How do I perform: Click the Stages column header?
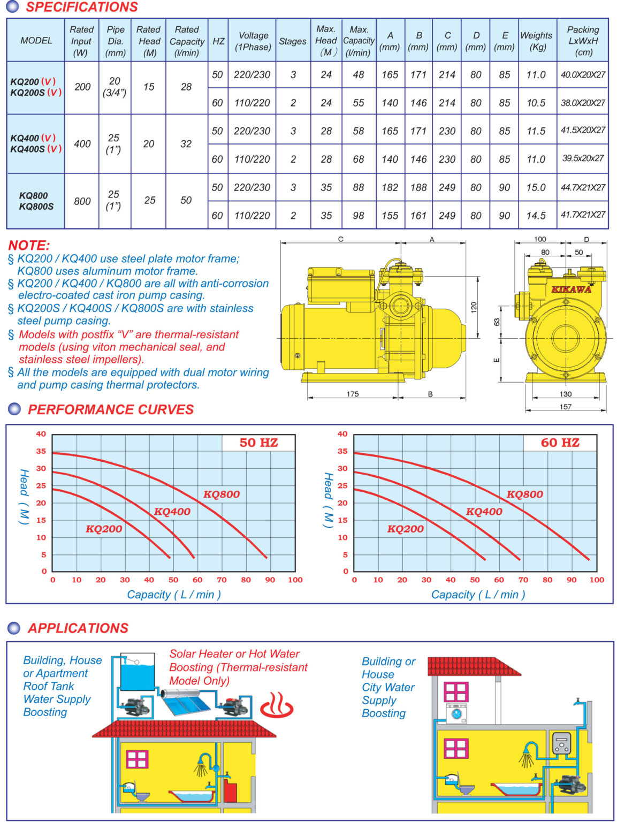pyautogui.click(x=293, y=41)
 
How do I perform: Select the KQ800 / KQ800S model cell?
pyautogui.click(x=36, y=201)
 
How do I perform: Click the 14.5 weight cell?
pyautogui.click(x=536, y=216)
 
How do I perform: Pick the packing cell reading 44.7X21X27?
pyautogui.click(x=583, y=187)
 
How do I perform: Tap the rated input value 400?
pyautogui.click(x=82, y=143)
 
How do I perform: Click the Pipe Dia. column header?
pyautogui.click(x=115, y=41)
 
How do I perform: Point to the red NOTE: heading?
pyautogui.click(x=29, y=246)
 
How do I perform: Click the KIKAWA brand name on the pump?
pyautogui.click(x=571, y=290)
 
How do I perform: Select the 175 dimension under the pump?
pyautogui.click(x=353, y=394)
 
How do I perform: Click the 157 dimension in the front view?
pyautogui.click(x=565, y=407)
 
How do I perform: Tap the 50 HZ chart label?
pyautogui.click(x=258, y=443)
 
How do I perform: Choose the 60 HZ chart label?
pyautogui.click(x=560, y=443)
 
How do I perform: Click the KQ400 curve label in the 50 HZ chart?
pyautogui.click(x=172, y=512)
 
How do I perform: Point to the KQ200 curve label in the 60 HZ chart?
pyautogui.click(x=405, y=529)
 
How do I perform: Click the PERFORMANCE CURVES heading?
pyautogui.click(x=111, y=410)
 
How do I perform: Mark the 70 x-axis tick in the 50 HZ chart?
pyautogui.click(x=222, y=580)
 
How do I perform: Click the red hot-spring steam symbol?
pyautogui.click(x=277, y=705)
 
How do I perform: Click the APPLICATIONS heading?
pyautogui.click(x=78, y=628)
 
